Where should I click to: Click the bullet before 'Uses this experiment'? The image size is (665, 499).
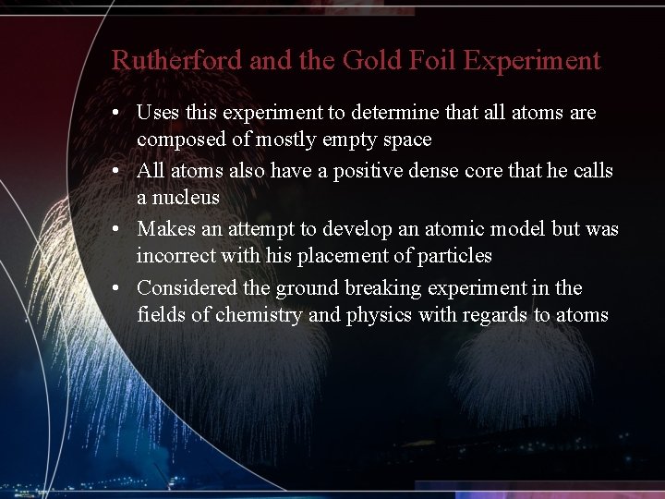point(117,114)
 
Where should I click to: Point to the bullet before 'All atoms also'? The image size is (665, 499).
point(117,172)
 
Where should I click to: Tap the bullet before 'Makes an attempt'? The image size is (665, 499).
point(117,230)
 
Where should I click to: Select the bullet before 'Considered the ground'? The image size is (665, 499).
point(117,288)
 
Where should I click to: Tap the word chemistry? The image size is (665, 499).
point(259,315)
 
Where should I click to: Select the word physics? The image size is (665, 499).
point(378,315)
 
